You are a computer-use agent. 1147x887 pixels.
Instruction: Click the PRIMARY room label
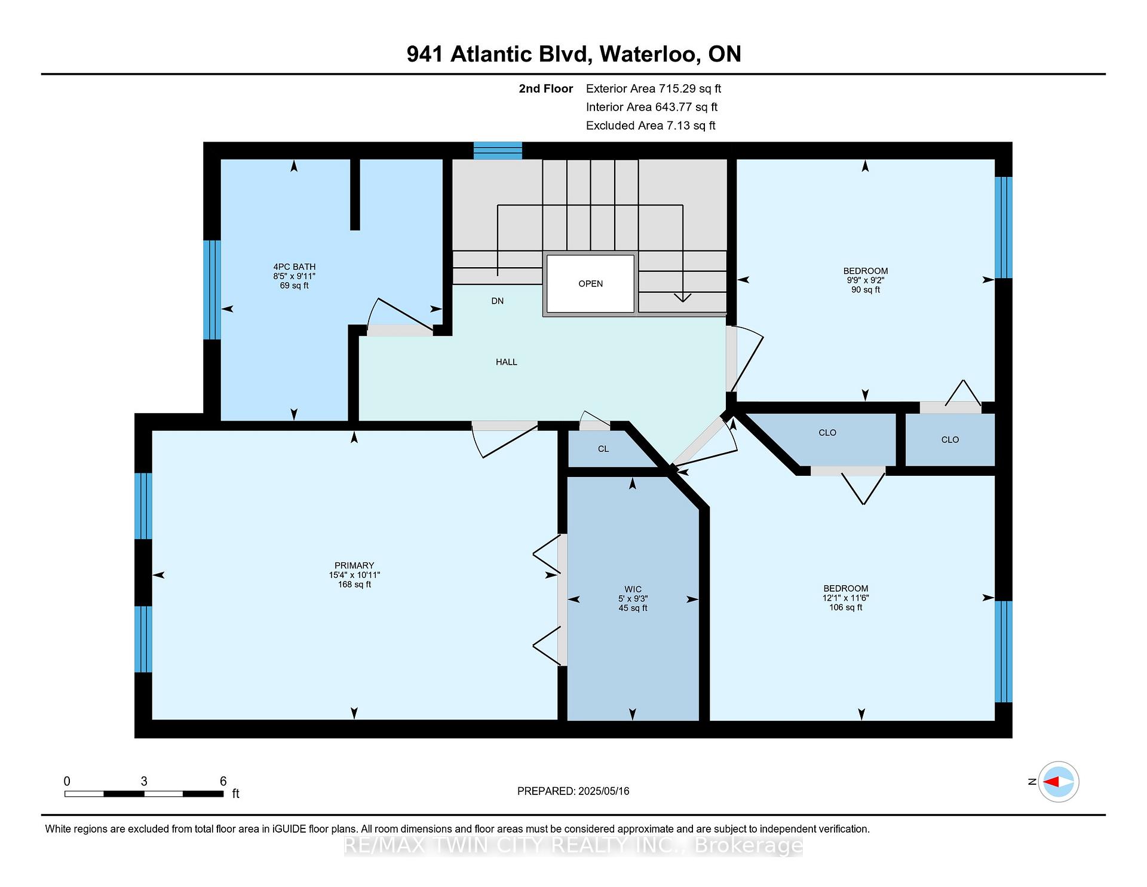[x=354, y=565]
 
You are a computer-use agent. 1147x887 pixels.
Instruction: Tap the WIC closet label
[x=633, y=589]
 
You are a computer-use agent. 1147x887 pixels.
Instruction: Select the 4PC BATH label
[x=295, y=267]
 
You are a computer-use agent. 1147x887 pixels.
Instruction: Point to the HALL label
[x=507, y=362]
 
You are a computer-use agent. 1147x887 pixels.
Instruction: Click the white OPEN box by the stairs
[x=590, y=284]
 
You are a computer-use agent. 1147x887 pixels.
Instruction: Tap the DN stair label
[x=498, y=301]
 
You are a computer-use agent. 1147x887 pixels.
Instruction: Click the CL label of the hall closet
[x=603, y=449]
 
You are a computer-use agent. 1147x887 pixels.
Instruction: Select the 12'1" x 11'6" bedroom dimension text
[x=845, y=598]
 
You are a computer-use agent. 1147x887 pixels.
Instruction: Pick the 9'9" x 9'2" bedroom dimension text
[x=865, y=280]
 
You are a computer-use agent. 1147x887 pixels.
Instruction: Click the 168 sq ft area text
[x=354, y=585]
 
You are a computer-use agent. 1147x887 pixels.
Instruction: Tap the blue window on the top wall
[x=498, y=151]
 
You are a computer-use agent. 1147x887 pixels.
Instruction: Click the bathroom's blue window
[x=212, y=290]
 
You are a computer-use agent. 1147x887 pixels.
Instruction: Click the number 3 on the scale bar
[x=144, y=781]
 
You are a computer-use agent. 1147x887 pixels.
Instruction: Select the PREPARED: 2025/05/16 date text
[x=573, y=791]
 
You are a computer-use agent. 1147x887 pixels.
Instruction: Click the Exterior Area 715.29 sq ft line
[x=654, y=89]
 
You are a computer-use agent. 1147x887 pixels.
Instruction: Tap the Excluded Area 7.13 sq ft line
[x=651, y=126]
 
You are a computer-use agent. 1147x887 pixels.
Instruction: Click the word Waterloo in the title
[x=650, y=54]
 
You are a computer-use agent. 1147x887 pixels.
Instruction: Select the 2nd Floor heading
[x=546, y=89]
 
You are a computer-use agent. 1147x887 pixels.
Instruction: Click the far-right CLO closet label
[x=950, y=440]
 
